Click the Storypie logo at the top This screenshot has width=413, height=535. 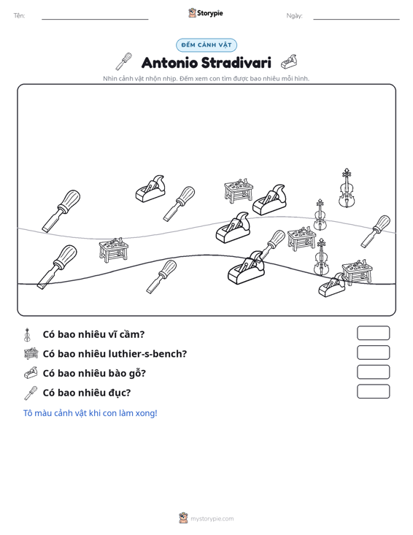(206, 13)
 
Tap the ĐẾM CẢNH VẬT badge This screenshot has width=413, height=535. (206, 45)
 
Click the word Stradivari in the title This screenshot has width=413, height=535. (236, 63)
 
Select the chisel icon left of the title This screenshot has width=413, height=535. (123, 61)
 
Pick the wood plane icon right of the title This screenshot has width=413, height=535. (289, 61)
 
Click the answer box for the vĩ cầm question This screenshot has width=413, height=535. (373, 333)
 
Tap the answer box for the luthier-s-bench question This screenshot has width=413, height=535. (373, 353)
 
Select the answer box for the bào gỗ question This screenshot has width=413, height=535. (373, 372)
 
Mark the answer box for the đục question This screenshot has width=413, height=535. (373, 391)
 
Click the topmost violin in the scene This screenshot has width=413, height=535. (347, 188)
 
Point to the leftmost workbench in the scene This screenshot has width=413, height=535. (114, 250)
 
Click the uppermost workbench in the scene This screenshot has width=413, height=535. (239, 190)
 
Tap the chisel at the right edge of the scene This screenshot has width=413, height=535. (376, 231)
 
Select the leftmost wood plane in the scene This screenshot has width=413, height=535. (150, 189)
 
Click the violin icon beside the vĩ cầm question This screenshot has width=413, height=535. (27, 335)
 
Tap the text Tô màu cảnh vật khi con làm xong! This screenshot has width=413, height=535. (90, 413)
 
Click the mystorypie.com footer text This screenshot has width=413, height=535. (212, 519)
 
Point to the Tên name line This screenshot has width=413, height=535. (95, 19)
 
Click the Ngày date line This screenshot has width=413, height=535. (356, 19)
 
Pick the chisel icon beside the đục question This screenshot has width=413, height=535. (31, 393)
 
